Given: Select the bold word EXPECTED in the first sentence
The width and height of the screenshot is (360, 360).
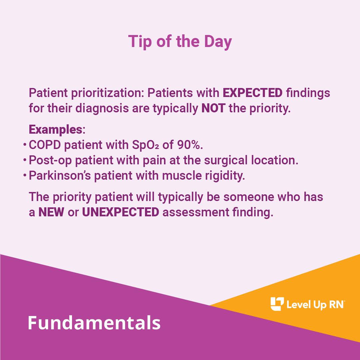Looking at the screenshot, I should [252, 93].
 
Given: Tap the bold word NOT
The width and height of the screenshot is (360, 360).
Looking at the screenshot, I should [213, 109].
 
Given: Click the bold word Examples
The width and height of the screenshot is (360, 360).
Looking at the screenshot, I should [55, 129].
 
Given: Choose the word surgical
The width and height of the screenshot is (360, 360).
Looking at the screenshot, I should [225, 160].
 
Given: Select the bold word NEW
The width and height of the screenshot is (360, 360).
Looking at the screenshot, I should [51, 212].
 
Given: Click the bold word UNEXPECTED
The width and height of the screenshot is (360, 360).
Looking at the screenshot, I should [120, 212].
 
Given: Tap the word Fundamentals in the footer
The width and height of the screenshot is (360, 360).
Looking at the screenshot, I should [94, 323].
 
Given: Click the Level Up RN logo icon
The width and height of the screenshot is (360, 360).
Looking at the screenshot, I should [277, 304].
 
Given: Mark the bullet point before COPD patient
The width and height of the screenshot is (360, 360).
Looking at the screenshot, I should [25, 145].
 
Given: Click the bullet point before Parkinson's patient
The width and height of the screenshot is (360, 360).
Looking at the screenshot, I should [25, 175].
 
